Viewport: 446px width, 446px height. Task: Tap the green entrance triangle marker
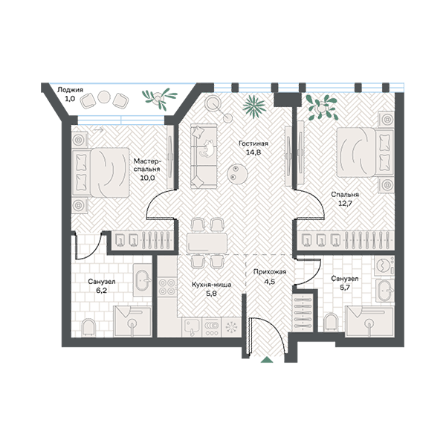click(267, 359)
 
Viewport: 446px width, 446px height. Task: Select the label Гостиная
click(253, 143)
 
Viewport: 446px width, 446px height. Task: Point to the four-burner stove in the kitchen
click(167, 287)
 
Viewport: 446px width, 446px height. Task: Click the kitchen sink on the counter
click(192, 327)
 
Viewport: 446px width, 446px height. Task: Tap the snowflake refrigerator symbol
click(231, 327)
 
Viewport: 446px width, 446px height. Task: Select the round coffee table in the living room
click(237, 173)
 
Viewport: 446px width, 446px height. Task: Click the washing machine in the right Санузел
click(384, 265)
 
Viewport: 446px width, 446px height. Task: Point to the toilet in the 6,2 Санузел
click(88, 328)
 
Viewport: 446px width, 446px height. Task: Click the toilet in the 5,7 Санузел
click(332, 323)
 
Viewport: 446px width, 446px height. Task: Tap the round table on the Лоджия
click(103, 97)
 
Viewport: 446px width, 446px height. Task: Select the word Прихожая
click(270, 272)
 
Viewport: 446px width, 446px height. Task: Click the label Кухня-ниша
click(211, 285)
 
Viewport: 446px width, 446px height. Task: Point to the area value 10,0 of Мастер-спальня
click(147, 178)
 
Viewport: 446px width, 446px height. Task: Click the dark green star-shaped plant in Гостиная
click(254, 106)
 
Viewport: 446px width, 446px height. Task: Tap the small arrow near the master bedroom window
click(98, 130)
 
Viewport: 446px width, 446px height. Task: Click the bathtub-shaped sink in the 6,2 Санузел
click(143, 281)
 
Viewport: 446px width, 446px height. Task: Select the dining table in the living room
click(207, 243)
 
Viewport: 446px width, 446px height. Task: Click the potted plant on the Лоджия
click(158, 98)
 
